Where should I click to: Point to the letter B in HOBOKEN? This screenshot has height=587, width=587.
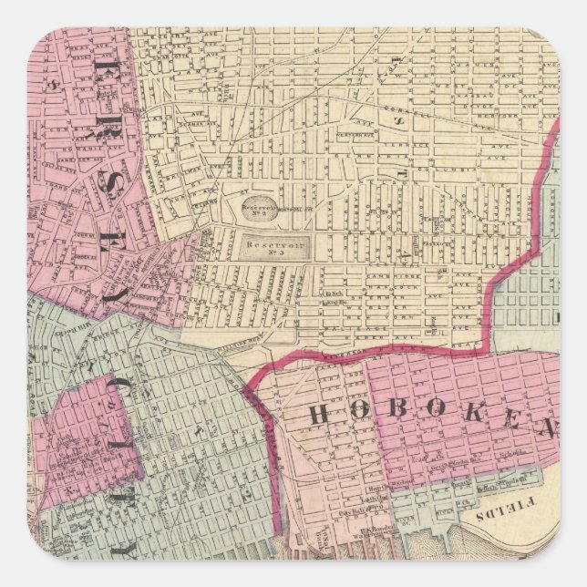point(402,417)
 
